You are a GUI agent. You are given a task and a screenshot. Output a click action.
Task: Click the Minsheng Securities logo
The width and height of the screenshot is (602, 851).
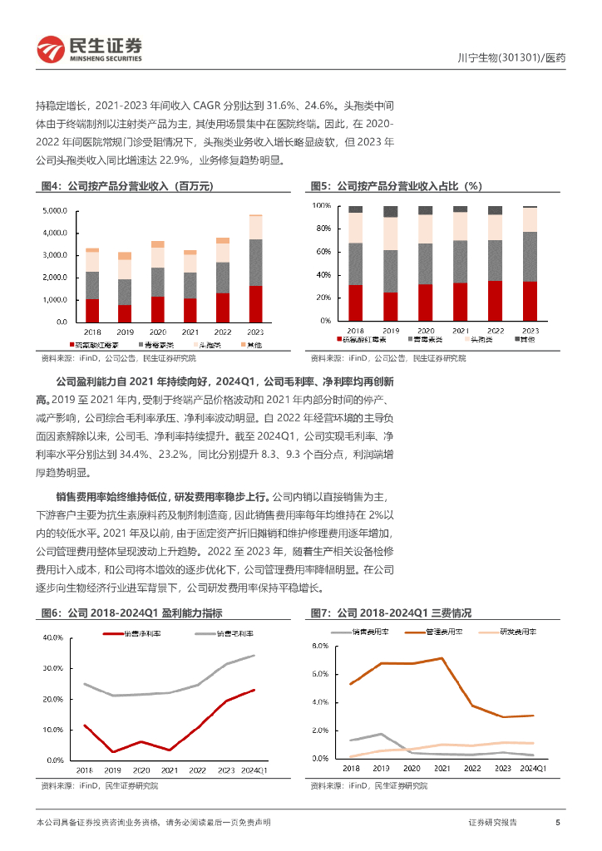pos(88,50)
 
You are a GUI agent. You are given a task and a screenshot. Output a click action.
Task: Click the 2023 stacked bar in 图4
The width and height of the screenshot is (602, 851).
pos(255,268)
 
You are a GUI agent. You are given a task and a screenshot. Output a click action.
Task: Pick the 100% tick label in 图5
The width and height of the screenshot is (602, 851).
pos(322,204)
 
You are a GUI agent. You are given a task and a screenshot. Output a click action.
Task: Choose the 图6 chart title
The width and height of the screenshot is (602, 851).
pos(131,612)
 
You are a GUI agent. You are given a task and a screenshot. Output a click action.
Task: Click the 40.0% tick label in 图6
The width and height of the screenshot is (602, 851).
pos(53,638)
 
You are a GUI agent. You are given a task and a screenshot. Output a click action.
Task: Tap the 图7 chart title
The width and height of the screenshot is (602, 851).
pos(390,612)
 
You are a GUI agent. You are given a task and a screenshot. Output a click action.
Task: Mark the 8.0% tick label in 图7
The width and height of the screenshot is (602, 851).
pos(322,646)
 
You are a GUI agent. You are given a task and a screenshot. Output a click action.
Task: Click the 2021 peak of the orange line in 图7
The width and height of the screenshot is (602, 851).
pos(442,658)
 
